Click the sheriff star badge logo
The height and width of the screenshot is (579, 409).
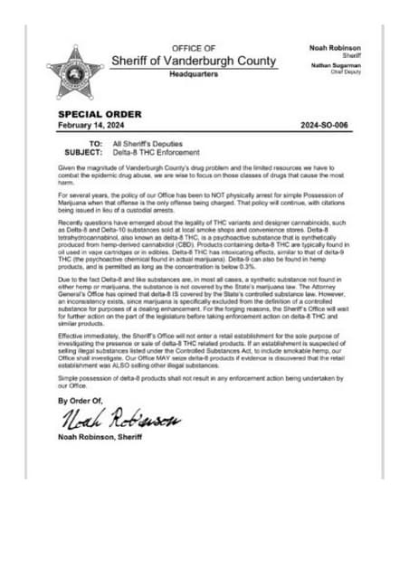coord(75,73)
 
